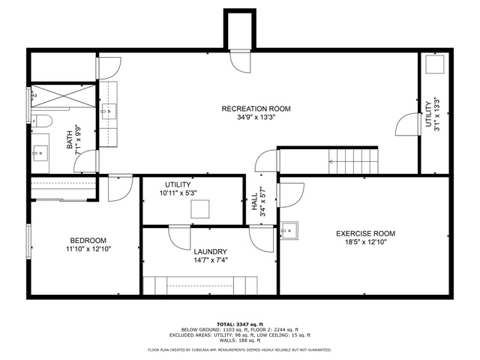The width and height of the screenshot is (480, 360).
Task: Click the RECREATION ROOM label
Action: click(x=256, y=109)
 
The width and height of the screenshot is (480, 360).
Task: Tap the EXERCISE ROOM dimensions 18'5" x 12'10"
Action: click(x=365, y=242)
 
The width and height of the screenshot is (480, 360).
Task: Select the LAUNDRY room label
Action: click(x=210, y=252)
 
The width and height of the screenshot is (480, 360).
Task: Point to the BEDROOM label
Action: click(x=88, y=241)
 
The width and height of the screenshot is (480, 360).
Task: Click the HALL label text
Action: click(x=254, y=202)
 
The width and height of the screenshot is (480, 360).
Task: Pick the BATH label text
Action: click(x=70, y=139)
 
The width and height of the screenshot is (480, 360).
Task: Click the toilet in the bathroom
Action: click(x=42, y=121)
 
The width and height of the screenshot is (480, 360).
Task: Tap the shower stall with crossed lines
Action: click(x=63, y=96)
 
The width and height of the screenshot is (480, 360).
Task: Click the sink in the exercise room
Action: click(x=289, y=230)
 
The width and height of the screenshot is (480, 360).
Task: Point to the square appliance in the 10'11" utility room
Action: click(x=200, y=208)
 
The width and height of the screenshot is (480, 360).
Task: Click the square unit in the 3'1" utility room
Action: click(x=435, y=64)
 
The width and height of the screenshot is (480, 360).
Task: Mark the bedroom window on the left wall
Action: click(x=28, y=241)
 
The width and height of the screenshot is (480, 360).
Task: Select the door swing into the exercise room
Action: click(x=290, y=195)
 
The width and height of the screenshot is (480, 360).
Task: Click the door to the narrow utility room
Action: click(x=407, y=124)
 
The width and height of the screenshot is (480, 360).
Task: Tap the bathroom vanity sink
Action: click(x=40, y=153)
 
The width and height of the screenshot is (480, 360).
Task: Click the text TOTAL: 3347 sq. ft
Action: click(x=240, y=325)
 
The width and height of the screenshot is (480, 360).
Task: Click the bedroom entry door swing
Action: click(x=120, y=187)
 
